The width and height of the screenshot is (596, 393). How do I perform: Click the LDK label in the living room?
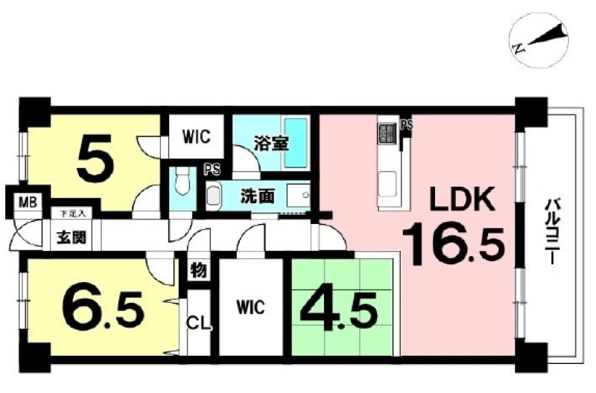[x=462, y=199]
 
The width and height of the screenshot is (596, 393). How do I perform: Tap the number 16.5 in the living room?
[x=454, y=246]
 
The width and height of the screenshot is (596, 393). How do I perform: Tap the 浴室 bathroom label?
[x=271, y=144]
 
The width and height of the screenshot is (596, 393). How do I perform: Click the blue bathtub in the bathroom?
[x=296, y=142]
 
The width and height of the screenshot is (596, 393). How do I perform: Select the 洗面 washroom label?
[x=257, y=196]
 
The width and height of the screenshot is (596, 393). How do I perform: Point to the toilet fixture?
[x=183, y=182]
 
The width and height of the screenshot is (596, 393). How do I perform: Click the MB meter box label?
[x=28, y=202]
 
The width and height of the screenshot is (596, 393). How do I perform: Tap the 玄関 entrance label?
[x=72, y=237]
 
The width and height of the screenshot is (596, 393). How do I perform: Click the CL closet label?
[x=198, y=324]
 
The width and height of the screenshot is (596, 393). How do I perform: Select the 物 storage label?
[x=198, y=270]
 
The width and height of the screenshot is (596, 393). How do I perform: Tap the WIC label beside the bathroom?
[x=196, y=137]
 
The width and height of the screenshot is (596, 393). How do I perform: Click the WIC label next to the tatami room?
[x=250, y=307]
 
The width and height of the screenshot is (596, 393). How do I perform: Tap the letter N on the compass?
[x=518, y=48]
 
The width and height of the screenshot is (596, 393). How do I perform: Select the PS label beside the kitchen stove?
[x=407, y=124]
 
